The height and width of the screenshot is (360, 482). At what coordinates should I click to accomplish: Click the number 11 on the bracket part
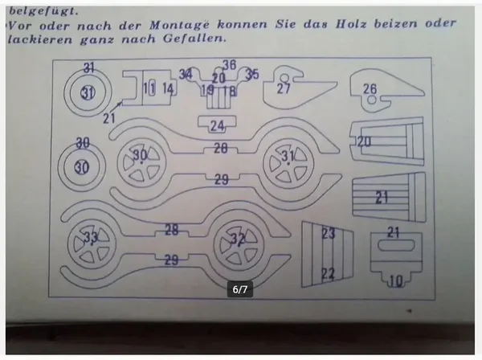(149, 88)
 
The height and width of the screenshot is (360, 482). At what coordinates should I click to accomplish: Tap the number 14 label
(167, 88)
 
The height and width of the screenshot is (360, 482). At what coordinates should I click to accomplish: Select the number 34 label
(186, 75)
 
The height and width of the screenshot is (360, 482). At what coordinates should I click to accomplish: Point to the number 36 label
(229, 65)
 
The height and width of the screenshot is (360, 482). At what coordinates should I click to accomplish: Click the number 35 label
(252, 75)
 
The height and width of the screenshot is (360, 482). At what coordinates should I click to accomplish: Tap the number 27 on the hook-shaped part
(284, 88)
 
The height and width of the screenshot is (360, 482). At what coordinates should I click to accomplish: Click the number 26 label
(370, 88)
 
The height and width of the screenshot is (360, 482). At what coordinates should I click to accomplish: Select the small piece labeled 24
(217, 125)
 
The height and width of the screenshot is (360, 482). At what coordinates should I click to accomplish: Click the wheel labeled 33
(91, 238)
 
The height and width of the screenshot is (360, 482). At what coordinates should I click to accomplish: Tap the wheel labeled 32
(237, 239)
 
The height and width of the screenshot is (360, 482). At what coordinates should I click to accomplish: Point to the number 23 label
(327, 234)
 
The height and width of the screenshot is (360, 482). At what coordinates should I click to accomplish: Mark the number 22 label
(327, 273)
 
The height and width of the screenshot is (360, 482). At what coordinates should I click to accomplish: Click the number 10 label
(395, 280)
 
